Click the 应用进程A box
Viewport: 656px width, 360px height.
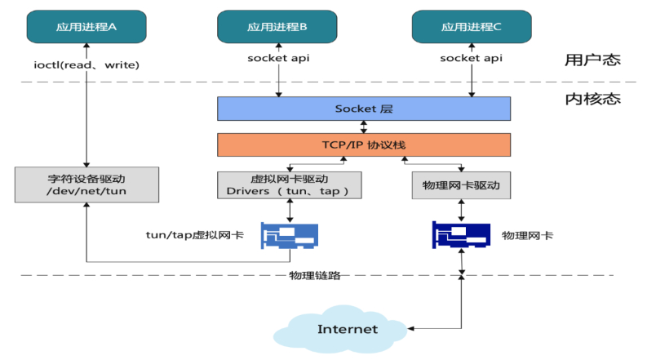pyautogui.click(x=86, y=27)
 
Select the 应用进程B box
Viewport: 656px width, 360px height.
pyautogui.click(x=277, y=27)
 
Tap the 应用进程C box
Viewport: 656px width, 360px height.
pyautogui.click(x=472, y=27)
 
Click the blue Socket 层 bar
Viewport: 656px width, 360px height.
pyautogui.click(x=364, y=109)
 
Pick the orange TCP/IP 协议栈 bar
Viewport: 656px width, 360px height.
pyautogui.click(x=364, y=144)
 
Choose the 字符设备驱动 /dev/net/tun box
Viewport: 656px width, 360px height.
pyautogui.click(x=86, y=185)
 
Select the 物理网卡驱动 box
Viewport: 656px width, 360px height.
pyautogui.click(x=462, y=185)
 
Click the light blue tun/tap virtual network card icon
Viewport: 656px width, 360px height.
pyautogui.click(x=290, y=235)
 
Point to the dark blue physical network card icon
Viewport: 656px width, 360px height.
pyautogui.click(x=461, y=235)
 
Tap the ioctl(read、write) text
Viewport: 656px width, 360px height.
pyautogui.click(x=86, y=64)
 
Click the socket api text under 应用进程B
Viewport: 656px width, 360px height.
pyautogui.click(x=277, y=59)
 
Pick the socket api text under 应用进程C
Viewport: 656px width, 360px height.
pyautogui.click(x=472, y=59)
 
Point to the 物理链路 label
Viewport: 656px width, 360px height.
pyautogui.click(x=314, y=275)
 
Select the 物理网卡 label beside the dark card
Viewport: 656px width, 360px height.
pyautogui.click(x=527, y=235)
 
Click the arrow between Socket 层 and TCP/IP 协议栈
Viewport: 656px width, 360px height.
pyautogui.click(x=364, y=127)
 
